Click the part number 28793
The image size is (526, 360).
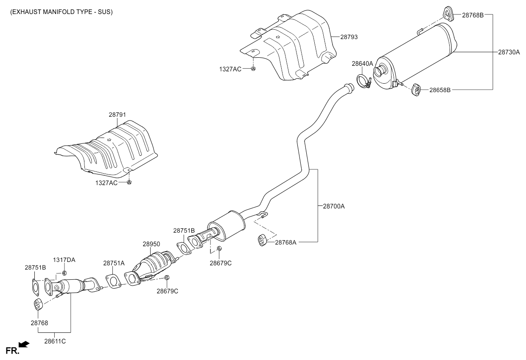pyautogui.click(x=349, y=37)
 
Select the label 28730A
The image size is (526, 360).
pyautogui.click(x=509, y=52)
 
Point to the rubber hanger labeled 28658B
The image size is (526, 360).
pyautogui.click(x=416, y=90)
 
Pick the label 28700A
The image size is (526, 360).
pyautogui.click(x=334, y=206)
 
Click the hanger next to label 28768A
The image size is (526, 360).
pyautogui.click(x=262, y=240)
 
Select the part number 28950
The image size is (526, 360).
pyautogui.click(x=151, y=244)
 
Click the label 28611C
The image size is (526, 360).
pyautogui.click(x=55, y=340)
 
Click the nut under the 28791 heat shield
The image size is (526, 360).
pyautogui.click(x=130, y=183)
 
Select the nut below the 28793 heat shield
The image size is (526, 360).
pyautogui.click(x=253, y=69)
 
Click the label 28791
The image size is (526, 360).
pyautogui.click(x=117, y=115)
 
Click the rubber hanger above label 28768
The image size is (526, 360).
pyautogui.click(x=37, y=304)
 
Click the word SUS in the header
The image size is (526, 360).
pyautogui.click(x=104, y=12)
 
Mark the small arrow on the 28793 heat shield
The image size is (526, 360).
pyautogui.click(x=278, y=37)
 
